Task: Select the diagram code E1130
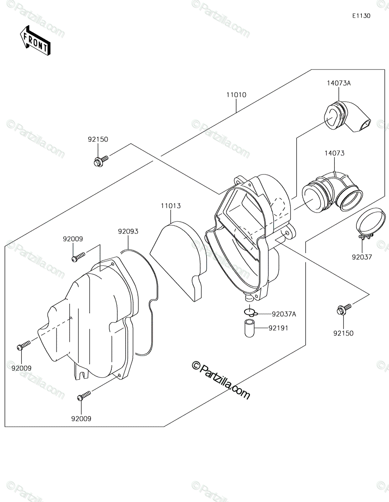point(361,16)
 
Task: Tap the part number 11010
point(236,95)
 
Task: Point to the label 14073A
point(339,83)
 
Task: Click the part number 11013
point(171,206)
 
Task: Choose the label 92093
point(128,231)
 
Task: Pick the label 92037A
point(284,314)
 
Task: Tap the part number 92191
point(278,328)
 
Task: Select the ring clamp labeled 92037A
point(251,312)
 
